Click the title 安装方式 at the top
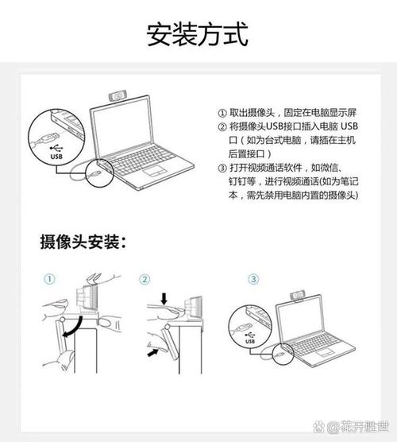pos(198,34)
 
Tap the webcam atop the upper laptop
pos(118,96)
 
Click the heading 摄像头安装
pos(82,241)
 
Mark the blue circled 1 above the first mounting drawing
pos(49,279)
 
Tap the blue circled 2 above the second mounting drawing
pos(145,279)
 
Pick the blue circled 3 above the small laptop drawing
pos(253,279)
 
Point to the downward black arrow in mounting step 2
pos(164,300)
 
